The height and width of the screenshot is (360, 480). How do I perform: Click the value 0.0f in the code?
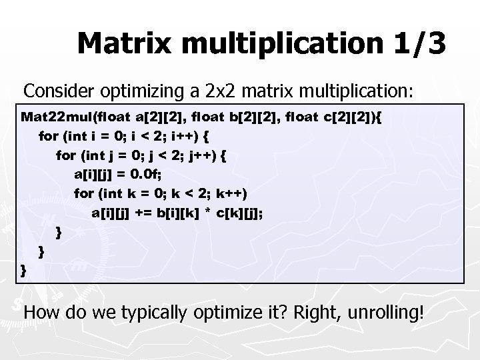[146, 175]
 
